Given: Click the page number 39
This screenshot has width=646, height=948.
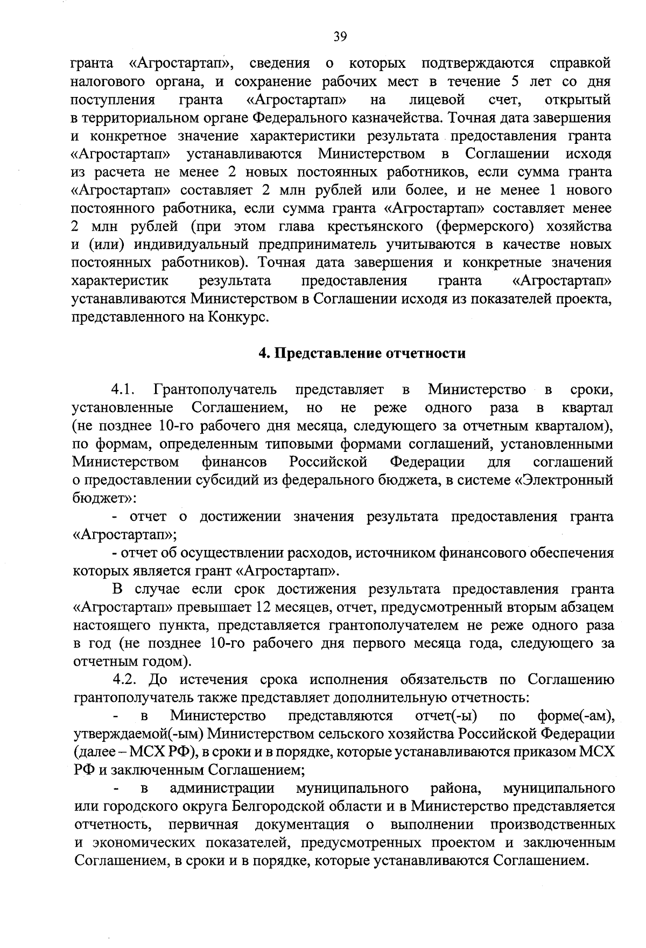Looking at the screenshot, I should [340, 37].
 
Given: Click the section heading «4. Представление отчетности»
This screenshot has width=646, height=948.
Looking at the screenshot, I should [361, 353].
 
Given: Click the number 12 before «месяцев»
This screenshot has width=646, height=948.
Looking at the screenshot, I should [267, 607].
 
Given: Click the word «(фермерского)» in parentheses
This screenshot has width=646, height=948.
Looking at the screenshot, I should [482, 226].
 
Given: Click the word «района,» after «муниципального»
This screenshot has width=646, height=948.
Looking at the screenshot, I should [455, 788].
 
